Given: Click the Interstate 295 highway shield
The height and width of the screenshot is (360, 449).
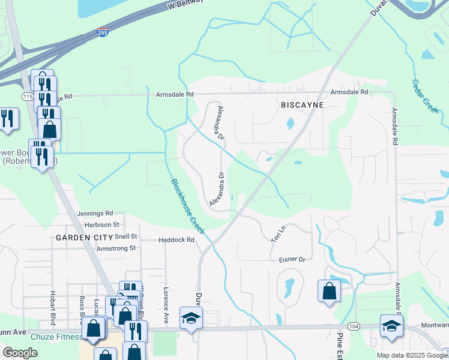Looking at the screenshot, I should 103,33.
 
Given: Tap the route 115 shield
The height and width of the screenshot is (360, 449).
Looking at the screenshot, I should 28,96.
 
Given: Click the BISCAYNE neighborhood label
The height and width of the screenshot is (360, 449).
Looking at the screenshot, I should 302,105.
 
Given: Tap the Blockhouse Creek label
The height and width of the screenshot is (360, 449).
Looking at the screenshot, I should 188,206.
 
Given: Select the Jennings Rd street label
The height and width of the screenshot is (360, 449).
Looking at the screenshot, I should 95,213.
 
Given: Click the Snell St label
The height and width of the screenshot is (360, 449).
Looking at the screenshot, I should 126,236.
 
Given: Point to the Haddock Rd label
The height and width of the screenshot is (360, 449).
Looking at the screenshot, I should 176,240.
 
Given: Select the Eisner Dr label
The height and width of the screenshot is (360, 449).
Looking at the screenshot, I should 292,260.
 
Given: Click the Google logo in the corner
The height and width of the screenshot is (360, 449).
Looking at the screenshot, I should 20,353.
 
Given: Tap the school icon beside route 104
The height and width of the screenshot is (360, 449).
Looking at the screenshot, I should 391,326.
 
